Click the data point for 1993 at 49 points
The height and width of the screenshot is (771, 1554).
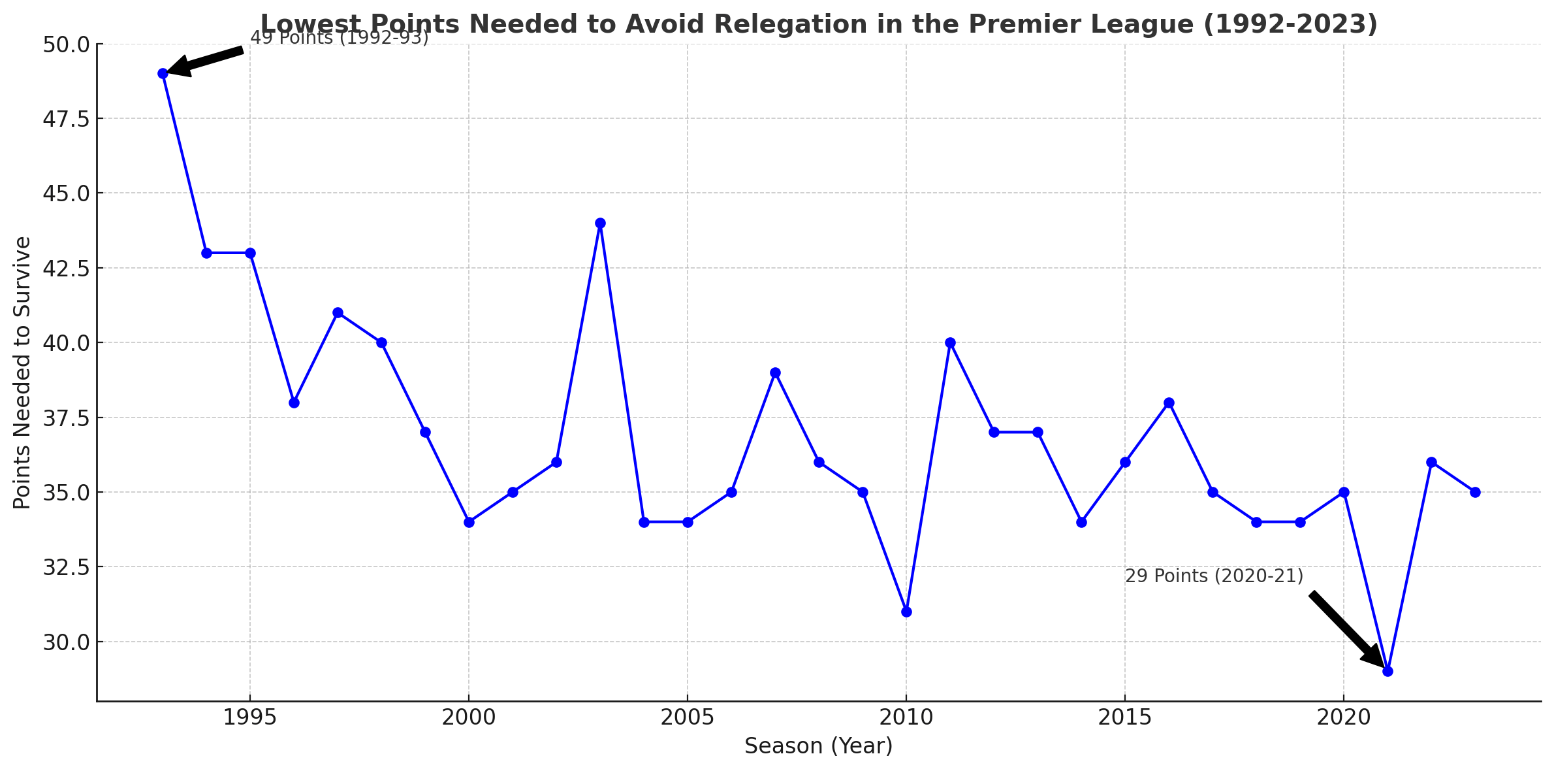click(x=163, y=74)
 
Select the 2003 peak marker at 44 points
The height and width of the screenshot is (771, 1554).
click(x=600, y=223)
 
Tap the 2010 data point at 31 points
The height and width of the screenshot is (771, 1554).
click(x=906, y=612)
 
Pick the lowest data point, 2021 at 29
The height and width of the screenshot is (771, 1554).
click(x=1387, y=671)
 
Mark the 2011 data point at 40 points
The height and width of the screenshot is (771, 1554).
click(x=950, y=342)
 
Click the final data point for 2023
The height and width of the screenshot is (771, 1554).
click(x=1475, y=492)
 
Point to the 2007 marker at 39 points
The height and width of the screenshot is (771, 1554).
click(x=775, y=372)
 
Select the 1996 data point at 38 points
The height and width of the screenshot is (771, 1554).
click(x=294, y=402)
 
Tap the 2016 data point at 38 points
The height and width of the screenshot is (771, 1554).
click(x=1169, y=402)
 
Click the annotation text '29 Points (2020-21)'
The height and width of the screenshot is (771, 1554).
click(x=1214, y=576)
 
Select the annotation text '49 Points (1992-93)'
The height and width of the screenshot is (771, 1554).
click(x=340, y=38)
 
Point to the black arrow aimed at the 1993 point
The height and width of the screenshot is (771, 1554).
click(x=206, y=61)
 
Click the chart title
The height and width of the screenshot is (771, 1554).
click(x=819, y=24)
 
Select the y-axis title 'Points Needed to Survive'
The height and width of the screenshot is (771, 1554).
click(x=23, y=372)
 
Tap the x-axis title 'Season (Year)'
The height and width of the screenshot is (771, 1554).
click(x=818, y=746)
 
